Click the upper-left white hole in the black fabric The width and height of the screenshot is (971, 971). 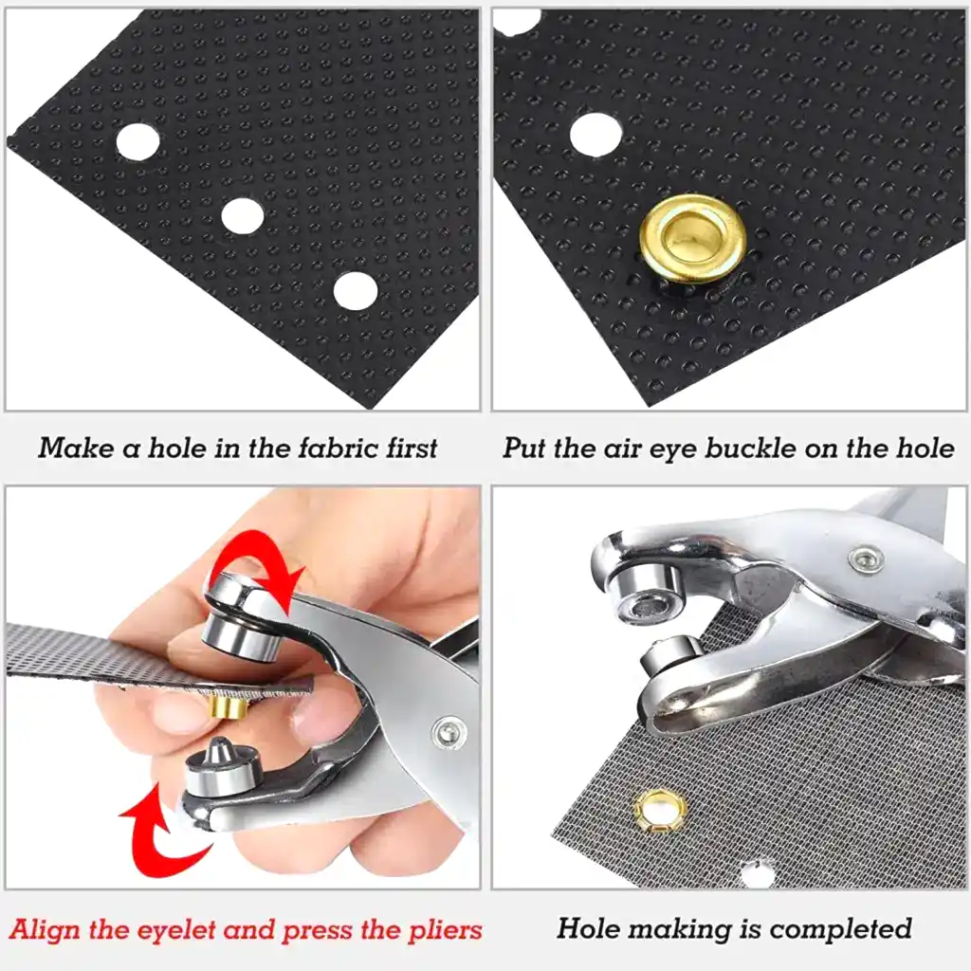coord(137,140)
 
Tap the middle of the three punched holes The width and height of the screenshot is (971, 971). coord(243,215)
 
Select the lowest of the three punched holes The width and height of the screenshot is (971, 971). coord(356,291)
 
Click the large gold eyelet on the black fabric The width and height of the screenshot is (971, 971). coord(693,238)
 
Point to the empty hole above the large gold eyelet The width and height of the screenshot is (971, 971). coord(595,134)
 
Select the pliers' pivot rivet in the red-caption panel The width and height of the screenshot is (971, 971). coord(449,732)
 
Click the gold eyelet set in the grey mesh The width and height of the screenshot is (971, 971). coord(661,810)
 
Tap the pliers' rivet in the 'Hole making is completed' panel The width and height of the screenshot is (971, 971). coord(866,559)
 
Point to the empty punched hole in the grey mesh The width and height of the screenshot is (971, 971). coord(757,873)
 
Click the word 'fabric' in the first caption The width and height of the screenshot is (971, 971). coord(338,448)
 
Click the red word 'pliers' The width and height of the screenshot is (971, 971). coord(444,930)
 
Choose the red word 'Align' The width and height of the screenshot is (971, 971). coord(46,930)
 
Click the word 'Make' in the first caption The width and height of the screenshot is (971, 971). coord(75,448)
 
